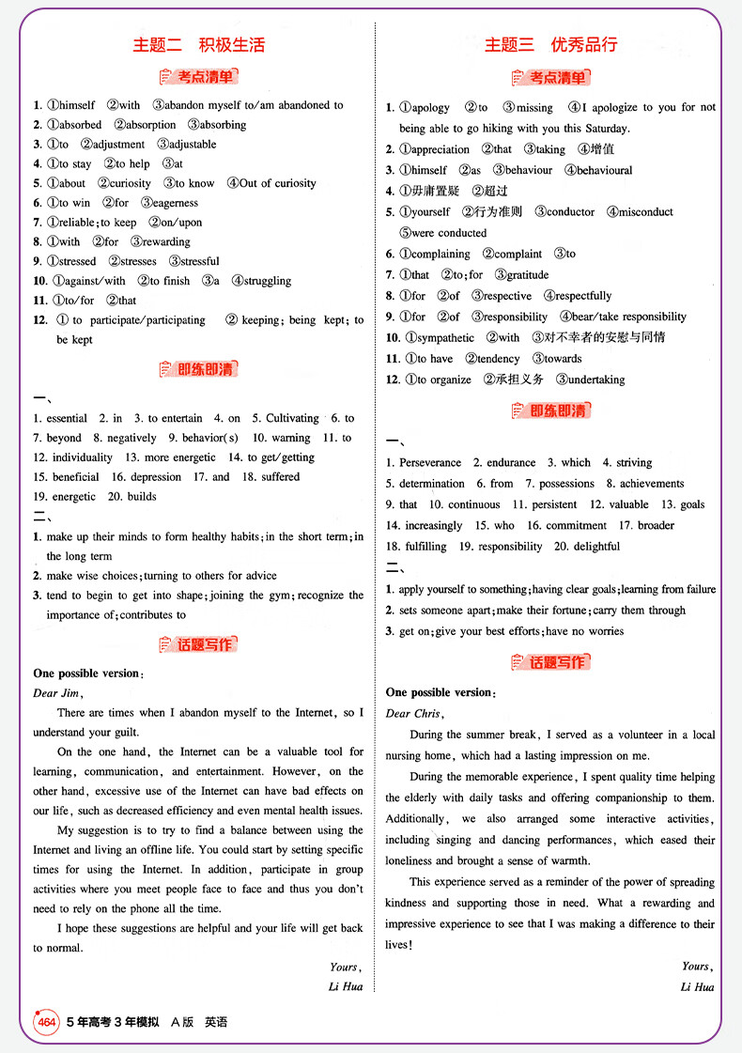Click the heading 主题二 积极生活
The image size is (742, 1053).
(x=198, y=44)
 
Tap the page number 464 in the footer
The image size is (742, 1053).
(x=47, y=1022)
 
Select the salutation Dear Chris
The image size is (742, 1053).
(x=413, y=713)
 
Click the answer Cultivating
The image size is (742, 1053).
(x=292, y=418)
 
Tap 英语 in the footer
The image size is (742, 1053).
(x=216, y=1022)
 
